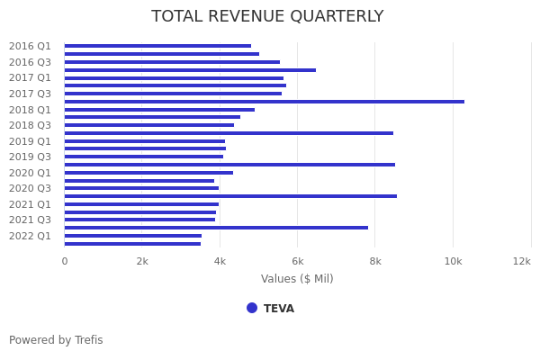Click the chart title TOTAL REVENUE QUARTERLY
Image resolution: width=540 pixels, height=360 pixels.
tap(267, 17)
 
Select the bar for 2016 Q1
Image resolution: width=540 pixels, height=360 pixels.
tap(157, 46)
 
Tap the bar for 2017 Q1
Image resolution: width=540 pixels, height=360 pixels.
tap(174, 78)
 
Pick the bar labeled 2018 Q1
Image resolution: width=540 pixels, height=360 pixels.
tap(159, 110)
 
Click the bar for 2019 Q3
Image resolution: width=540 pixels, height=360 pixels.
tap(144, 157)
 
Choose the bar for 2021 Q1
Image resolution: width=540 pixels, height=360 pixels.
tap(141, 204)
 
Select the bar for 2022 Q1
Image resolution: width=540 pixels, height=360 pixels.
tap(133, 236)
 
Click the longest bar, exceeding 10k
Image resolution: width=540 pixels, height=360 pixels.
tap(265, 102)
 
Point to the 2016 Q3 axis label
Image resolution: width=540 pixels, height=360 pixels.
tap(31, 62)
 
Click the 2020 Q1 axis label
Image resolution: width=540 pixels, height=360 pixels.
tap(31, 173)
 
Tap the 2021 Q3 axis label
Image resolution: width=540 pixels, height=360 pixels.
tap(31, 220)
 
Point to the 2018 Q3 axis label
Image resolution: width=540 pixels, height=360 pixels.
tap(31, 125)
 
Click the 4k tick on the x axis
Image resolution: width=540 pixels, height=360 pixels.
tap(220, 261)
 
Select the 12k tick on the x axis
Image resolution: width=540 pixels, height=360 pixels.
tap(522, 261)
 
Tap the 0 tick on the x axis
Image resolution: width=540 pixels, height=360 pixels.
tap(64, 261)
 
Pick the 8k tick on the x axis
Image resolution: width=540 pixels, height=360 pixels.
tap(375, 261)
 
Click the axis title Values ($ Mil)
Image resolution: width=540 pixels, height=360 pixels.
tap(297, 279)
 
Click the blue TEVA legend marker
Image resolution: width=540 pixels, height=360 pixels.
tap(252, 308)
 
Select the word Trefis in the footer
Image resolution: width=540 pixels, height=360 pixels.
tap(88, 340)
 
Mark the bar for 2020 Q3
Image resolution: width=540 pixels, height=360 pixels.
tap(141, 188)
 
